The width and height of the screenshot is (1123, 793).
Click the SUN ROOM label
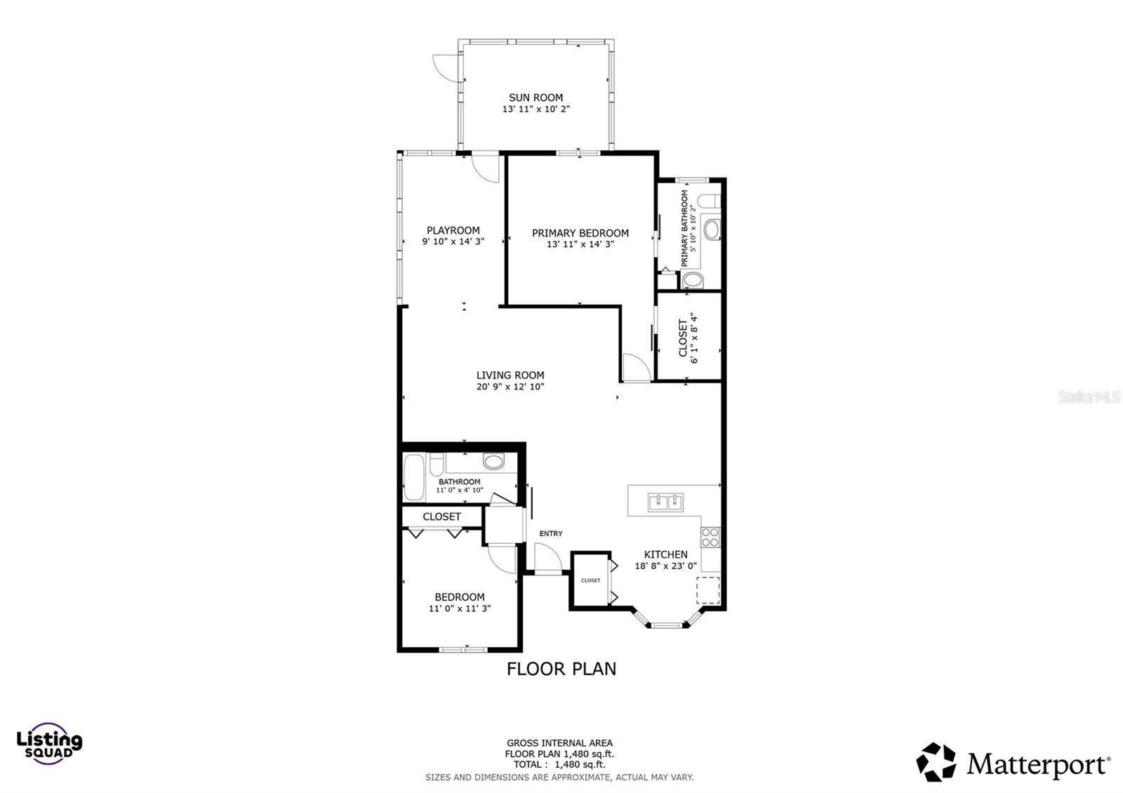pos(536,98)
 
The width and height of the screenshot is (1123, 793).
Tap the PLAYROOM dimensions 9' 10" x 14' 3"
pos(453,241)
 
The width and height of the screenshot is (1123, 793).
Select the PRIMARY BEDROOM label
pos(580,233)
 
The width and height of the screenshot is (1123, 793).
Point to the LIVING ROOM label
pos(510,375)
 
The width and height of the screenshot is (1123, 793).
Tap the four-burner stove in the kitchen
pos(710,537)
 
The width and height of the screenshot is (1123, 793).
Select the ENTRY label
pos(550,533)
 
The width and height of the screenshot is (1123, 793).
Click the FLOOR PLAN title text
pos(561,669)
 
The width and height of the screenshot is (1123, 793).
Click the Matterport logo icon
pos(936,761)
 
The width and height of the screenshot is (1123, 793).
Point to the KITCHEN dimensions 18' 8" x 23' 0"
pos(665,566)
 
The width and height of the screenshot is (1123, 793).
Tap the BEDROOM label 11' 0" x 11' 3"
pos(459,602)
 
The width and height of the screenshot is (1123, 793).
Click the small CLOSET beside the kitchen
pos(590,580)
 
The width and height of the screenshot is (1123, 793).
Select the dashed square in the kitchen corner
pos(707,589)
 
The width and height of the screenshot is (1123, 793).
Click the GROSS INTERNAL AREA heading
pos(559,742)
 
